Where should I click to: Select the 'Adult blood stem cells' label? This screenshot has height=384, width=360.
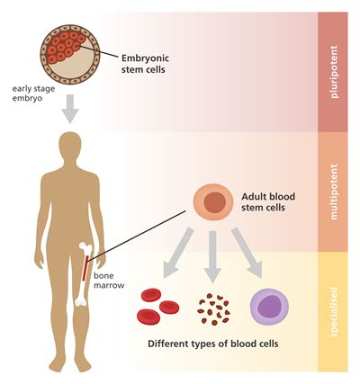(270, 203)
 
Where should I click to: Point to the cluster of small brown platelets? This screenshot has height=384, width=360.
(213, 308)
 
